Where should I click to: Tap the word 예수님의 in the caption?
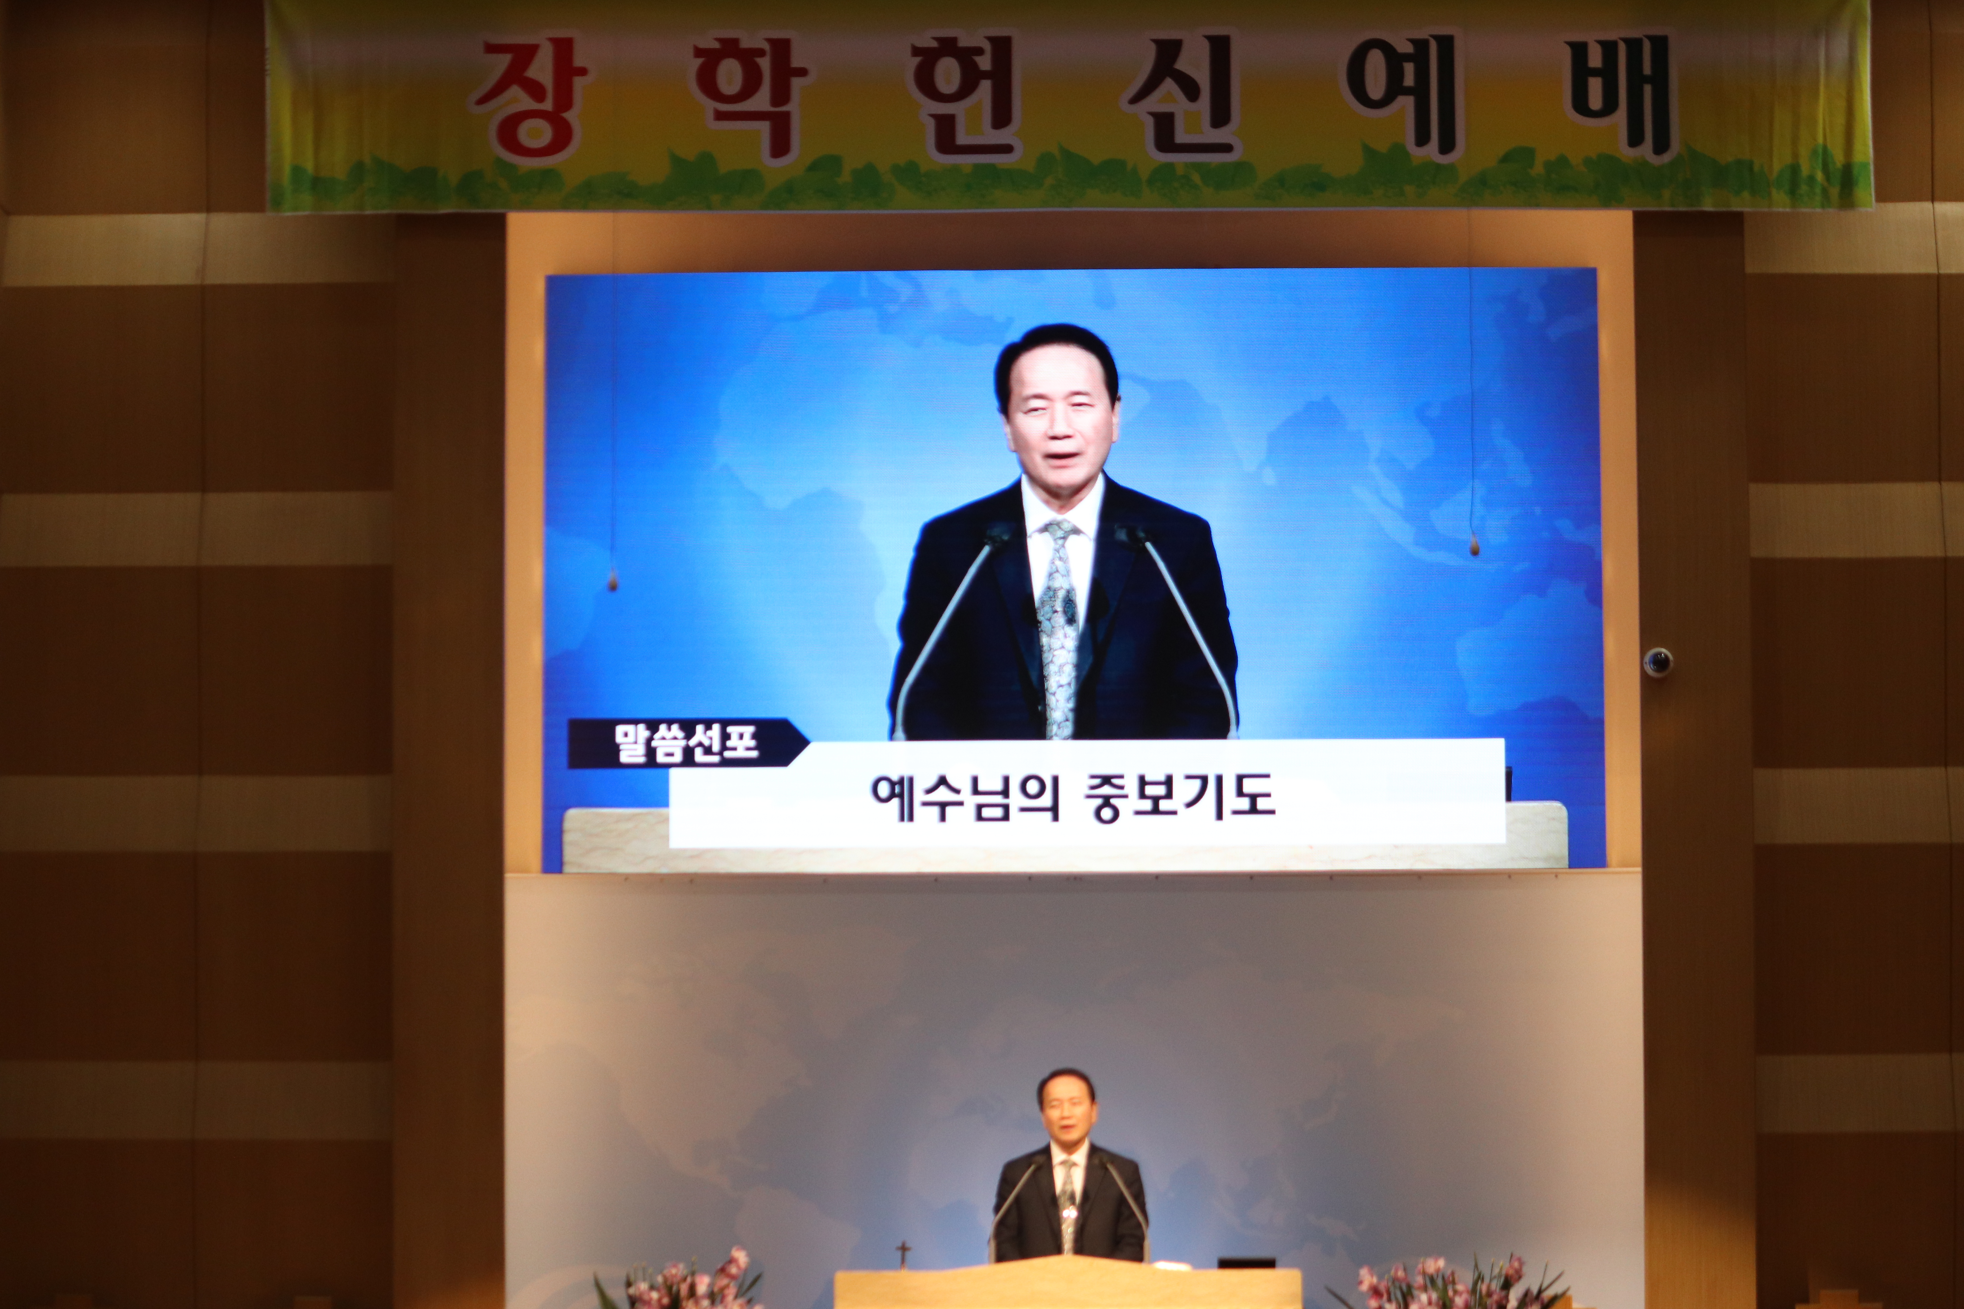tap(965, 798)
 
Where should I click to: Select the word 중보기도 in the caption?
tap(1179, 798)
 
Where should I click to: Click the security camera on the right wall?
tap(1658, 662)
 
